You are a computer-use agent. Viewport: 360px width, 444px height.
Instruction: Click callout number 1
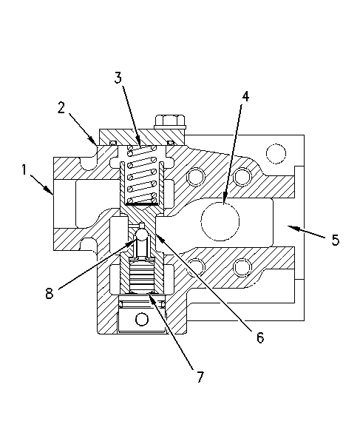point(24,170)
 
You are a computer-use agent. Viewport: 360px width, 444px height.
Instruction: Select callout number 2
point(61,107)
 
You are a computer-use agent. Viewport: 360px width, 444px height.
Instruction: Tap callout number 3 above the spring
point(118,78)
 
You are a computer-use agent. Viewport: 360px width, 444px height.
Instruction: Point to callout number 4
point(245,96)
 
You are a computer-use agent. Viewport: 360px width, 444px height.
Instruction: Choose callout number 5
point(336,240)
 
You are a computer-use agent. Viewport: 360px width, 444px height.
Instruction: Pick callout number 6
point(260,337)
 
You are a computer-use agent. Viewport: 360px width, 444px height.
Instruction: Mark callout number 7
point(200,377)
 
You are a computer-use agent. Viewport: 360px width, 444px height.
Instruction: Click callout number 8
point(50,293)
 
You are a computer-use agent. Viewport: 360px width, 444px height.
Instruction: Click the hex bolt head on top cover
point(170,122)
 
